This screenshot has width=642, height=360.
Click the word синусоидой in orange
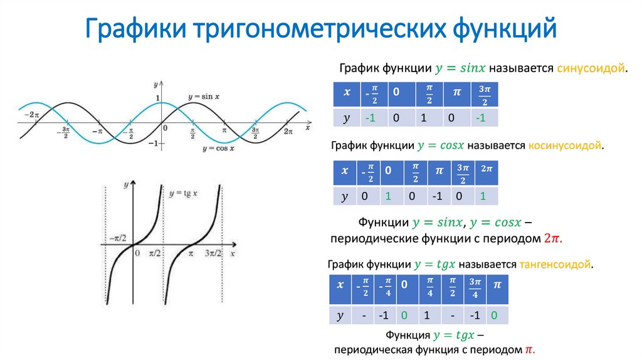591,67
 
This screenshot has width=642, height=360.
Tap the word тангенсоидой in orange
555,265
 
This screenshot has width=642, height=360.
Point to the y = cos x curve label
218,149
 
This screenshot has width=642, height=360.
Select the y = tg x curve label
183,193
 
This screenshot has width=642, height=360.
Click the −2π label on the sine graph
31,115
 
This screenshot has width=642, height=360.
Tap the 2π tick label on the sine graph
288,131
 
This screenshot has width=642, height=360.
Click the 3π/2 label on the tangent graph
213,253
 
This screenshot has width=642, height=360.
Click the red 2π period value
552,239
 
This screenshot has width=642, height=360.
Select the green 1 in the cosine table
388,197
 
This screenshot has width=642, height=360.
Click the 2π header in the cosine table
486,169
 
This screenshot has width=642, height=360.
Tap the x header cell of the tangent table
340,285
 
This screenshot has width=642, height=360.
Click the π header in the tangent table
497,285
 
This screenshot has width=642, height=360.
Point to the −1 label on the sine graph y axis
152,144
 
